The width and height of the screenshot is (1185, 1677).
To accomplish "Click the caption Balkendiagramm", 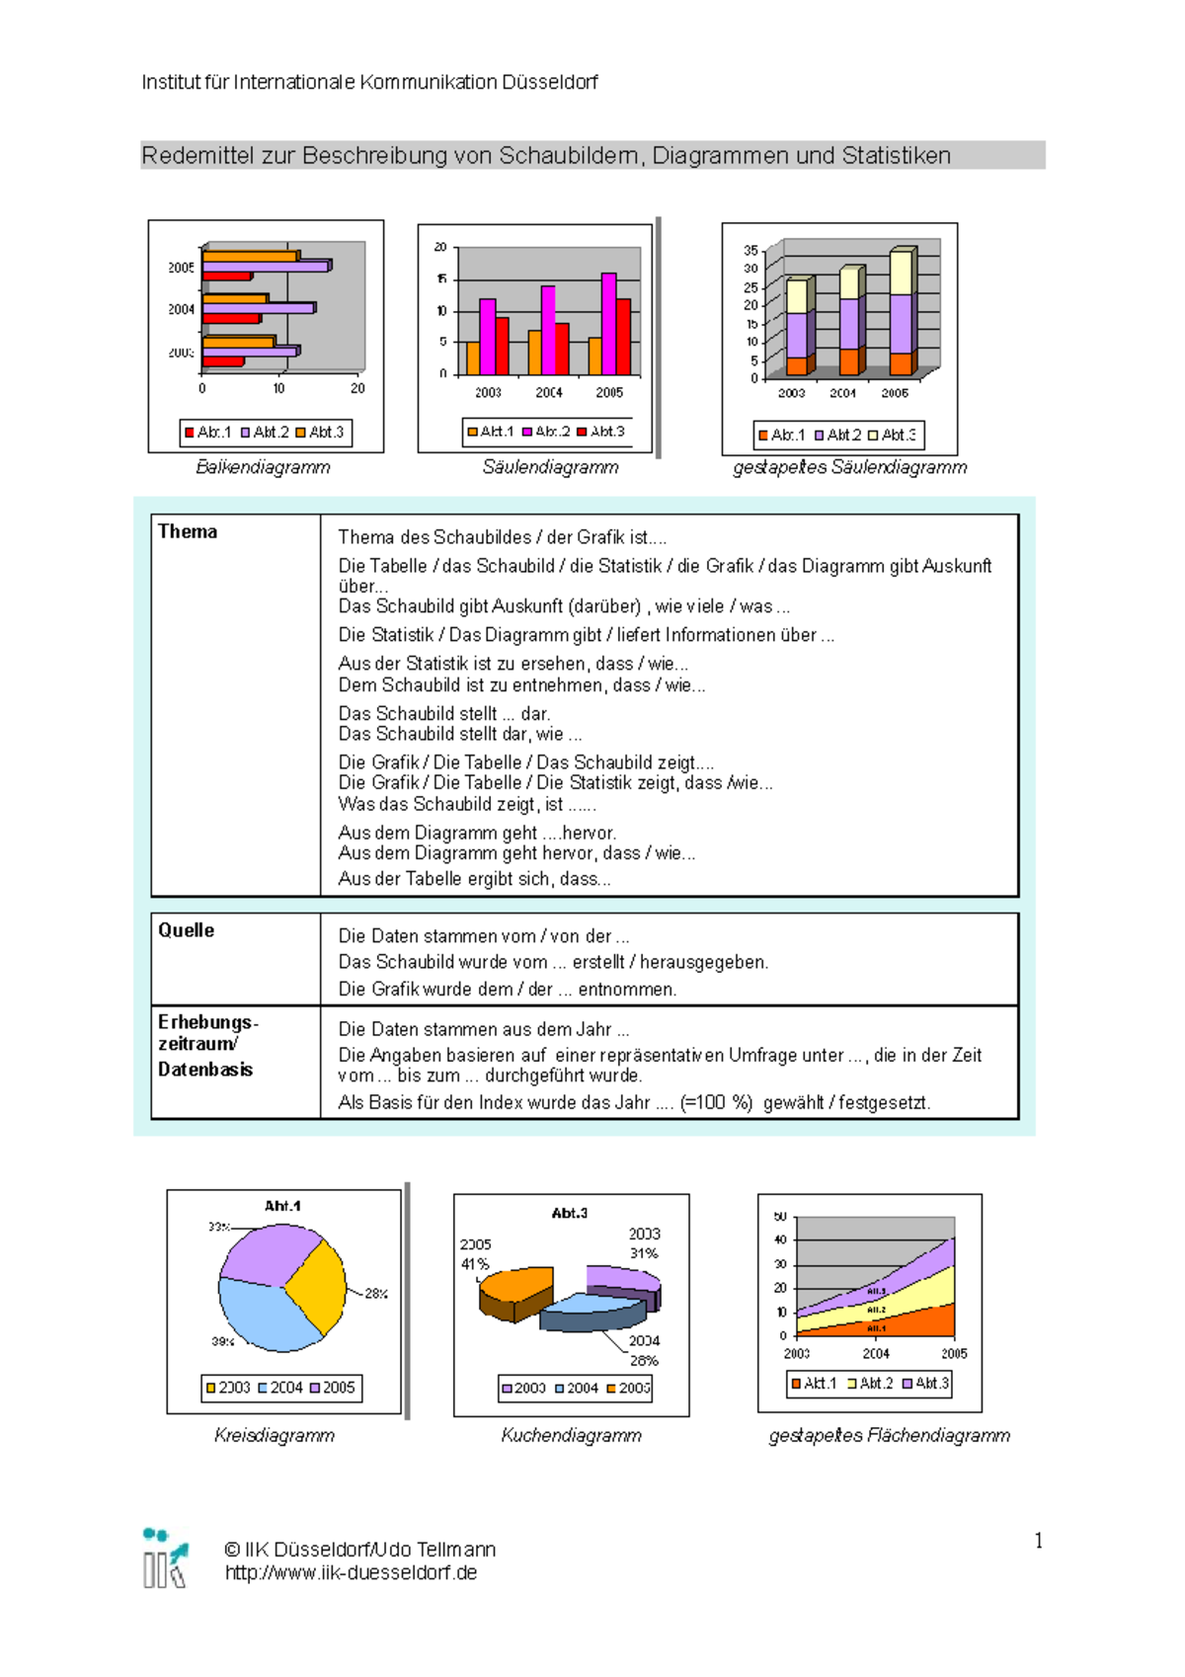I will [x=263, y=467].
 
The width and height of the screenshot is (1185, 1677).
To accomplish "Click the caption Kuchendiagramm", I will [x=571, y=1435].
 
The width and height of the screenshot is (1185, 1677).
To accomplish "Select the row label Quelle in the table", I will [x=187, y=930].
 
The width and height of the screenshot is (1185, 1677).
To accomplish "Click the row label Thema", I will [x=188, y=531].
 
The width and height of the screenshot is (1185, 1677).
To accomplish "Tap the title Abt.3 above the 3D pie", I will [x=570, y=1213].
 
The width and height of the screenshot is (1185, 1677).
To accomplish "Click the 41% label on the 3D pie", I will [x=475, y=1263].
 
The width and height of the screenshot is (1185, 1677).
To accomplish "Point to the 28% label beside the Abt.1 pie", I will [x=376, y=1293].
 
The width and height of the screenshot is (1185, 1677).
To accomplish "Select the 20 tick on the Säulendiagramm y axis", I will [x=440, y=247].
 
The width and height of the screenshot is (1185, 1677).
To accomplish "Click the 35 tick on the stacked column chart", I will [x=750, y=251].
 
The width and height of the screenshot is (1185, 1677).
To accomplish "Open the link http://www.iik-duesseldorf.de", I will [x=351, y=1572].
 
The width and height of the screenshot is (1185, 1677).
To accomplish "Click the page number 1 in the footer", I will [x=1038, y=1541].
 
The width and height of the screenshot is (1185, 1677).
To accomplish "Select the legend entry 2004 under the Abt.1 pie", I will [x=280, y=1388].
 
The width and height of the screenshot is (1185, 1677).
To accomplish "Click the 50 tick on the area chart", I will [x=780, y=1217].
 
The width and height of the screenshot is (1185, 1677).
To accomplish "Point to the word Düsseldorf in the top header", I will [x=549, y=82].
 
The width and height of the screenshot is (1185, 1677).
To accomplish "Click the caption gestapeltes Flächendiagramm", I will [x=889, y=1435].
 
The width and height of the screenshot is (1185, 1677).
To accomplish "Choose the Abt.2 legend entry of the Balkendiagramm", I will [x=265, y=433].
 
